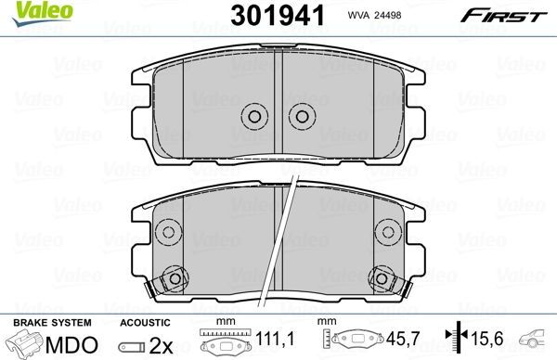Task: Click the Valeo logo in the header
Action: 42,13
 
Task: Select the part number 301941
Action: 278,16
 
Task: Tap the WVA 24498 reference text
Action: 374,15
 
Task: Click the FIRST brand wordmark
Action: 504,16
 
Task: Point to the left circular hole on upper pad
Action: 254,116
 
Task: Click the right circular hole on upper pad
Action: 302,116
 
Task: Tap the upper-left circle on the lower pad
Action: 168,232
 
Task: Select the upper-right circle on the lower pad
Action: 388,232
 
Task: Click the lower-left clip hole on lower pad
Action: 175,278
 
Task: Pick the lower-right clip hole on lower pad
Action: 382,278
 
